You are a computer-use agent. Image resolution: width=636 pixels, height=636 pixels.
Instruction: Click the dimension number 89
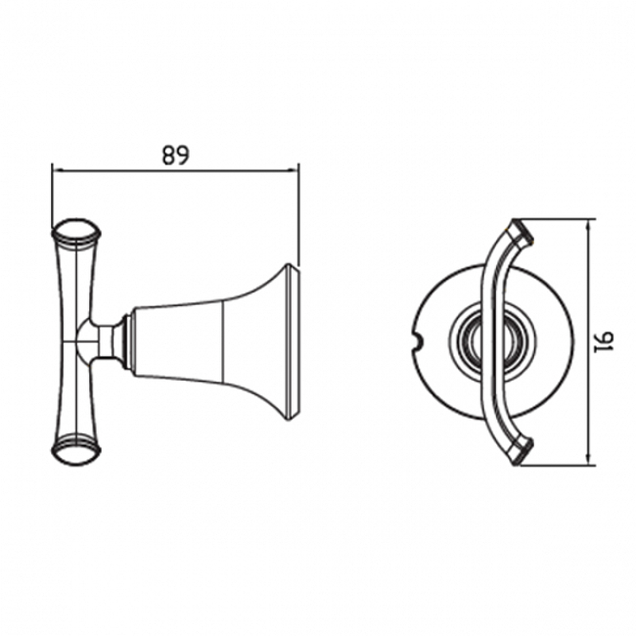pyautogui.click(x=176, y=154)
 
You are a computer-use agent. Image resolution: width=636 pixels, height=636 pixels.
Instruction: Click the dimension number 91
pyautogui.click(x=603, y=342)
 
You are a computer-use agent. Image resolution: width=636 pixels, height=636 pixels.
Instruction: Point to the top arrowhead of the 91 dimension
pyautogui.click(x=589, y=224)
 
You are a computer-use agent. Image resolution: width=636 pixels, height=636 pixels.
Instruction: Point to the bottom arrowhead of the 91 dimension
pyautogui.click(x=589, y=460)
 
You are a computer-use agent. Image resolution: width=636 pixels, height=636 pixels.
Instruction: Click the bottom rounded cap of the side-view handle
pyautogui.click(x=76, y=450)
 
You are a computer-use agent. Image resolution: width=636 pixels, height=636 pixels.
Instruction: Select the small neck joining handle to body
pyautogui.click(x=107, y=342)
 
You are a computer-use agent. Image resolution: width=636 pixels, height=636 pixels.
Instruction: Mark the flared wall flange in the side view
pyautogui.click(x=292, y=342)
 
